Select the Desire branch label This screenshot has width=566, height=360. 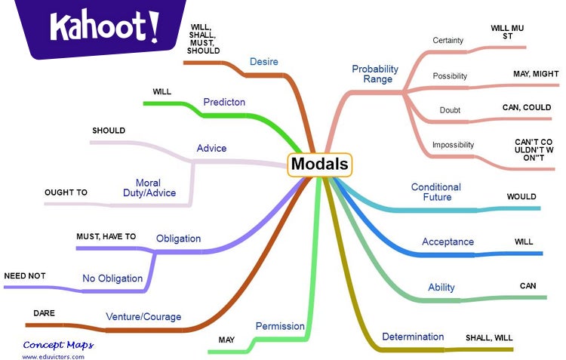tap(265, 60)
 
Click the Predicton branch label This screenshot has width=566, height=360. tap(224, 102)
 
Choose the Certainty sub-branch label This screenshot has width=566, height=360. tap(448, 40)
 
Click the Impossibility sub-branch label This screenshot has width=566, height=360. tap(454, 144)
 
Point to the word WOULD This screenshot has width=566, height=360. tap(521, 197)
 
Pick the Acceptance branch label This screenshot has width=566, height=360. tap(448, 242)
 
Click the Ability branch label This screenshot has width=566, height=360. tap(441, 288)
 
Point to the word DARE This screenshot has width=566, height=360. tap(45, 312)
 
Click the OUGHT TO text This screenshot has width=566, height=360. tap(66, 192)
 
